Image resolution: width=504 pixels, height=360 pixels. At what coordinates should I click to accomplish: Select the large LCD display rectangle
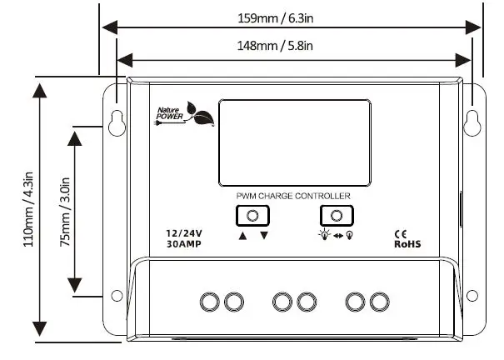pos(295,143)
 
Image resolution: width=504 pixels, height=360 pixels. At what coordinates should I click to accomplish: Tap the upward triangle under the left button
pos(242,236)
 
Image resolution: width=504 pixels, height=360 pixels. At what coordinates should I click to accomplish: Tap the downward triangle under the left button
pos(264,236)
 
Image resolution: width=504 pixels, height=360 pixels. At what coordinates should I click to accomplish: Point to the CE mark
pos(399,234)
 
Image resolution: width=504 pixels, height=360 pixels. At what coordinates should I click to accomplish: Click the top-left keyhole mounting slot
pos(116,122)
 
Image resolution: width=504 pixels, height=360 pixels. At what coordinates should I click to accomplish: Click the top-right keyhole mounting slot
pos(473,121)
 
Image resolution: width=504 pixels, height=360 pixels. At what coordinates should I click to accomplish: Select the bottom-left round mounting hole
pos(117,296)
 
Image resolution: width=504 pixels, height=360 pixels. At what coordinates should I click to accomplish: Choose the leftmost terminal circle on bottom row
pos(209,301)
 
